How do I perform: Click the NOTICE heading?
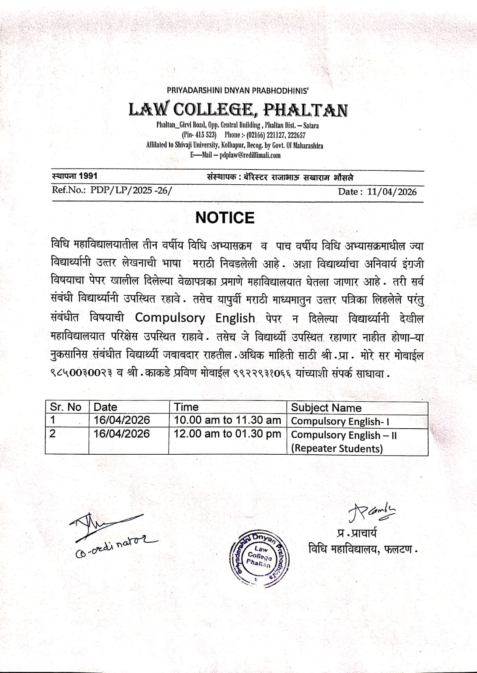tap(225, 217)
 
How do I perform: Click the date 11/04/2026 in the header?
tap(392, 192)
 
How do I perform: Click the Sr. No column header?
tap(66, 407)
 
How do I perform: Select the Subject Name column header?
tap(326, 408)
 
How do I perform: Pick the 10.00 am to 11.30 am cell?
tap(227, 420)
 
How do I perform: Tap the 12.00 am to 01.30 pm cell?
tap(227, 434)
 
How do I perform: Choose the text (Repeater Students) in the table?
tap(337, 448)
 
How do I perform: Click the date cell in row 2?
tap(121, 434)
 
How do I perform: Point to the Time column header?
tap(186, 407)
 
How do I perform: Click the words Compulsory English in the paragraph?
tap(195, 318)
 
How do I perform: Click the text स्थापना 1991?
tap(74, 176)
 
